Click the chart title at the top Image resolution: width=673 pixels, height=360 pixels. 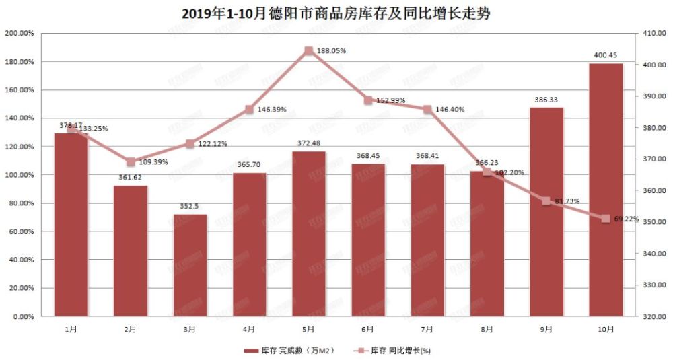(x=336, y=13)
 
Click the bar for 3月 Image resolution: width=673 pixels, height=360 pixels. (x=190, y=265)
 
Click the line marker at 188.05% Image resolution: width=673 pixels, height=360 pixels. (x=308, y=50)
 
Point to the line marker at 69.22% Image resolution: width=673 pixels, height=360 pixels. (x=605, y=219)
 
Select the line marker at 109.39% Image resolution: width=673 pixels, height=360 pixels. (x=131, y=161)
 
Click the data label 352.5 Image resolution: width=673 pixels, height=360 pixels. (x=190, y=207)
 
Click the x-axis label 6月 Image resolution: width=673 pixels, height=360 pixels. (x=367, y=329)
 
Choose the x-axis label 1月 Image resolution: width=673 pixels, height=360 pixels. (x=71, y=329)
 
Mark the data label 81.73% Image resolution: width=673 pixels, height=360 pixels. (x=567, y=201)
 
